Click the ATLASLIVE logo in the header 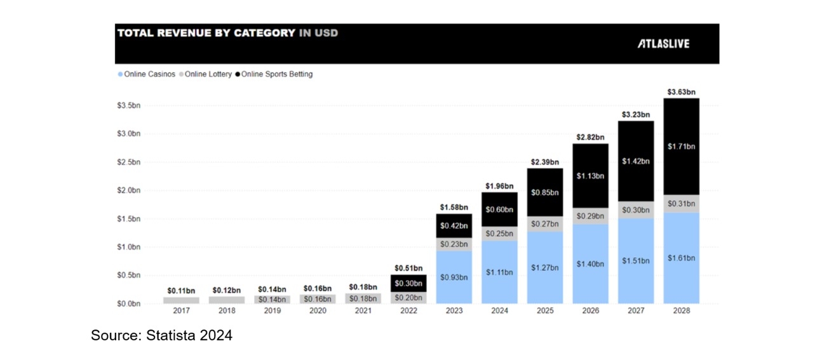(663, 44)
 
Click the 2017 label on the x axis (181, 311)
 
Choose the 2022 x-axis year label (408, 311)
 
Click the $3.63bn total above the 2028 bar (682, 92)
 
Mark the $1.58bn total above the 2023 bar (454, 207)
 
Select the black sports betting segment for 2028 (682, 146)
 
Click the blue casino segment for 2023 (454, 277)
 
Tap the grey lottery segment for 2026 (591, 217)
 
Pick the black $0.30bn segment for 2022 (408, 283)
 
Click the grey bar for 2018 (226, 300)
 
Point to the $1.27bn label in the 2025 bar (545, 267)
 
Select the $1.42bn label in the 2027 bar (636, 161)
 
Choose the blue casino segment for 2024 (499, 272)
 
